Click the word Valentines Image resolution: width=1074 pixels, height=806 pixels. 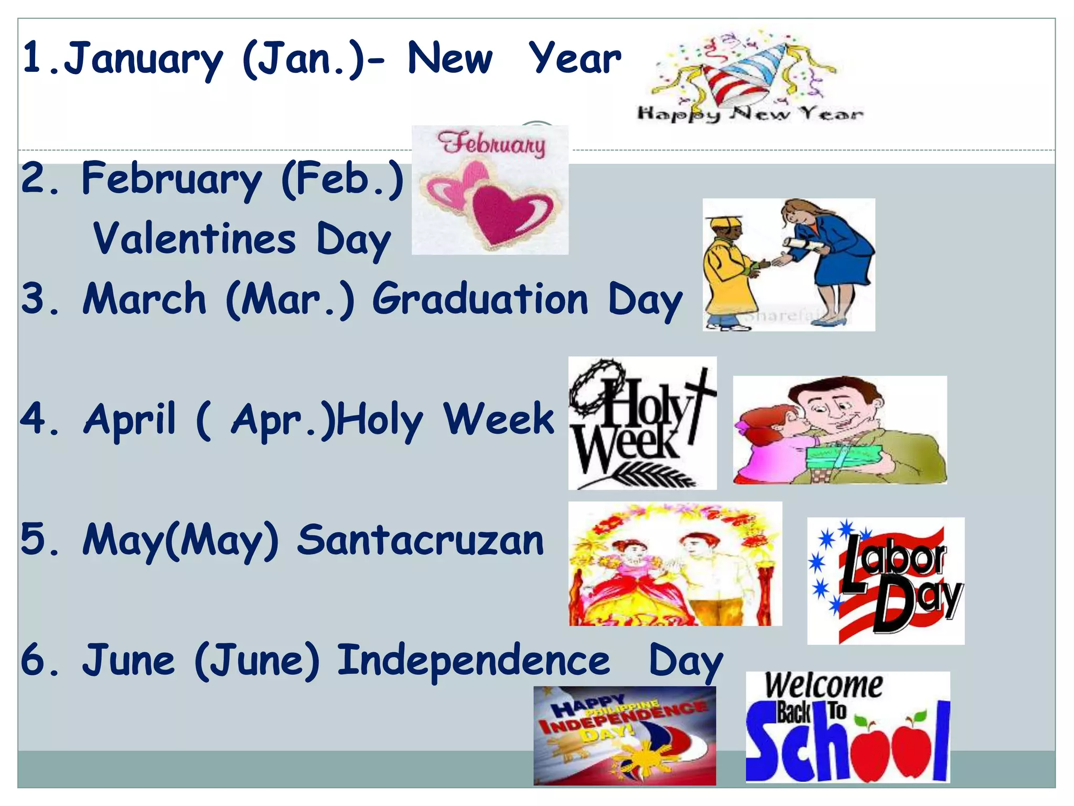[194, 239]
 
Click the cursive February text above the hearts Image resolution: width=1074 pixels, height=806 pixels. [491, 144]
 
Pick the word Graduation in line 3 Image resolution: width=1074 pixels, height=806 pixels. [480, 299]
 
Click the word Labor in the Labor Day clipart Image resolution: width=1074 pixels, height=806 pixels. [897, 559]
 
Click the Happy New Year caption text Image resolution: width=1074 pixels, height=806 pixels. [750, 113]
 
